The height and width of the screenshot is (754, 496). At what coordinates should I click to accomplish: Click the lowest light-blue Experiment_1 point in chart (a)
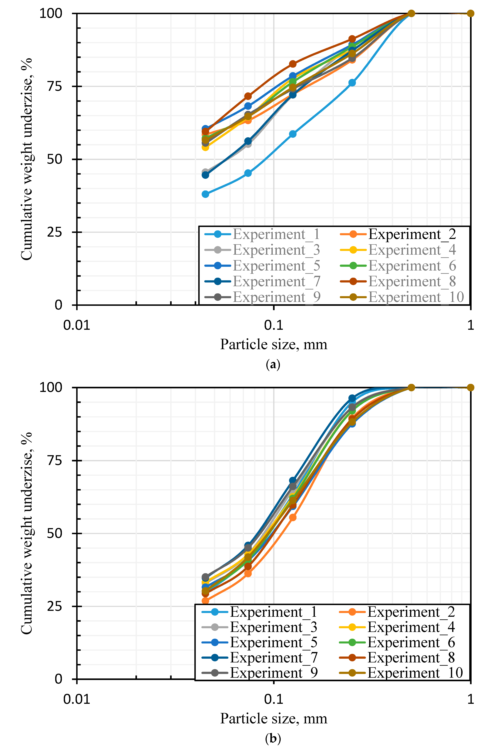click(x=205, y=194)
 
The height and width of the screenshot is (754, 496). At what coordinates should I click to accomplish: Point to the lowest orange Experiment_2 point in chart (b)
click(x=205, y=600)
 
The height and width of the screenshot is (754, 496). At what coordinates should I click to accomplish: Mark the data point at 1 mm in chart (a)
click(x=471, y=13)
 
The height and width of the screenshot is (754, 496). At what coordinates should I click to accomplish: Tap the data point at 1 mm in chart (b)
click(x=471, y=387)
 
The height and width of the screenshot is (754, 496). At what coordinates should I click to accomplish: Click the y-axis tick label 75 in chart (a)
click(x=55, y=86)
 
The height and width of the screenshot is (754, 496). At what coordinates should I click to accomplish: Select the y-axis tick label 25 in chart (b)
click(x=55, y=606)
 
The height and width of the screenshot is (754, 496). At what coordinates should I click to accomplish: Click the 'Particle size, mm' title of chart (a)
click(x=273, y=344)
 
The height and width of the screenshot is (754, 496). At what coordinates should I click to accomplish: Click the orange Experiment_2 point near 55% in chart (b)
click(x=293, y=517)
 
